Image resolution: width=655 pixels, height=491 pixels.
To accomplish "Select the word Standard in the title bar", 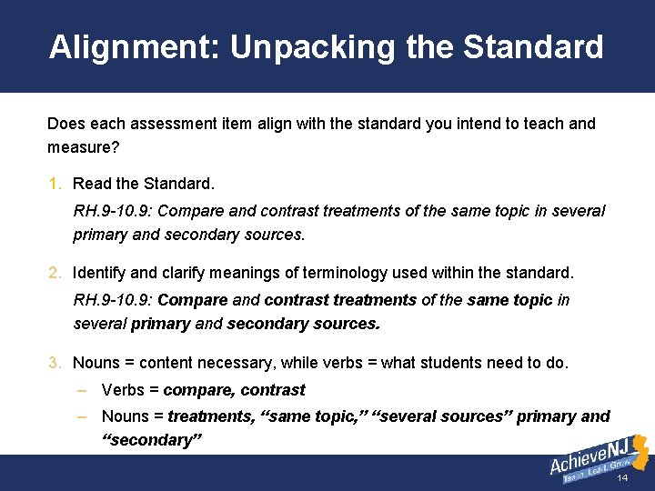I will [533, 47].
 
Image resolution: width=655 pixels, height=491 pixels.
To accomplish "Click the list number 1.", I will [54, 184].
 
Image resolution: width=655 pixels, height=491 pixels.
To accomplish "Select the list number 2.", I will [54, 273].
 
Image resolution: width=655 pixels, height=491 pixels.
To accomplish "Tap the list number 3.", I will [54, 363].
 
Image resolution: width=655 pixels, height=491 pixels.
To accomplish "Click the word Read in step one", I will [92, 184].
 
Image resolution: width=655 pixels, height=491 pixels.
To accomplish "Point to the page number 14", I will [622, 478].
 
